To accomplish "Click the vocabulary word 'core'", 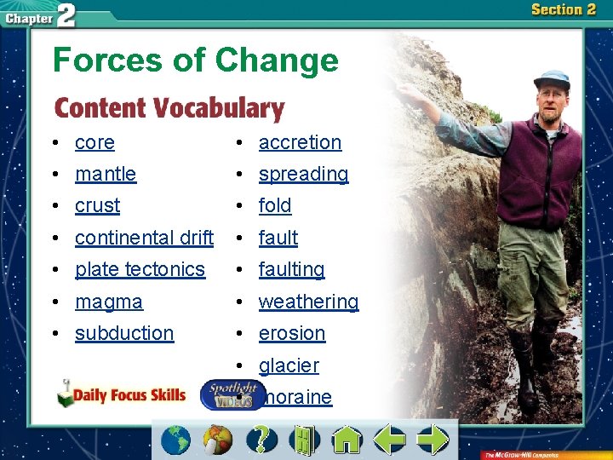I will (95, 143).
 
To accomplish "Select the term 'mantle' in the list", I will (106, 175).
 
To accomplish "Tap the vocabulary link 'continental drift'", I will (144, 238).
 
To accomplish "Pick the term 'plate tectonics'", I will (140, 270).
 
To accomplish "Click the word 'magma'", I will (109, 302).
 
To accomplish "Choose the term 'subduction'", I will (124, 334).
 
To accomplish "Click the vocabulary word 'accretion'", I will (300, 143).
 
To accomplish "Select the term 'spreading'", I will (303, 175).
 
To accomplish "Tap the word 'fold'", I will (275, 206).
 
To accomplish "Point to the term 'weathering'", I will (308, 302).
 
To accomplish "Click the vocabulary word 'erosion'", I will (292, 334).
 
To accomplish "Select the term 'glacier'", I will (289, 366).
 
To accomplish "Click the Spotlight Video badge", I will (230, 395).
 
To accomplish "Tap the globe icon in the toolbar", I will (176, 440).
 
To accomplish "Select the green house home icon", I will (347, 440).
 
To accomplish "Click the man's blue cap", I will (551, 79).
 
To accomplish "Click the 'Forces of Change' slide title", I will (195, 60).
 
